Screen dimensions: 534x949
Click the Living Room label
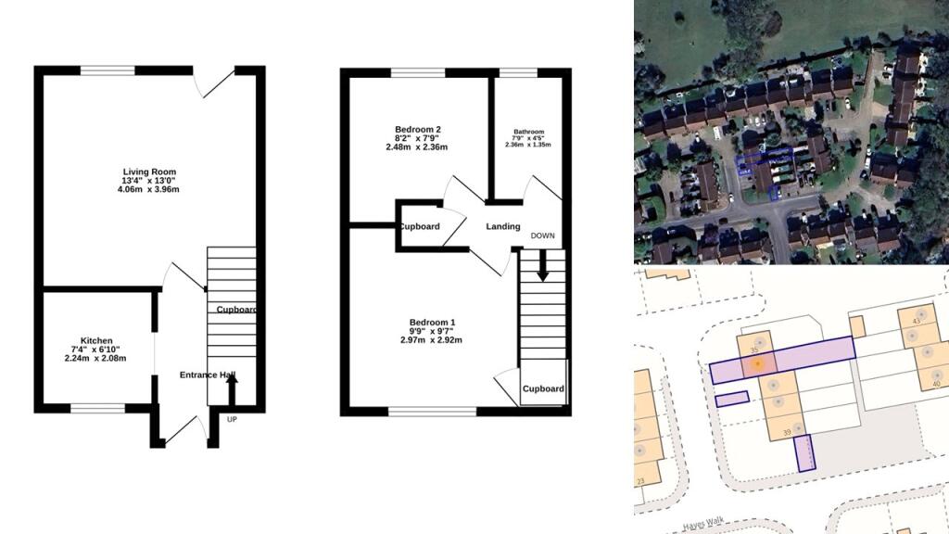point(151,172)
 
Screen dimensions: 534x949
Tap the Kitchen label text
point(96,340)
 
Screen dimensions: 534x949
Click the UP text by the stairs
point(233,419)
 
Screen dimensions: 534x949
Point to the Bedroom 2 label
point(417,129)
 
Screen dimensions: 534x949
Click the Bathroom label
point(527,132)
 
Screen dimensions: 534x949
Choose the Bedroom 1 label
point(432,323)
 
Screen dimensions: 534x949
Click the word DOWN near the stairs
point(542,235)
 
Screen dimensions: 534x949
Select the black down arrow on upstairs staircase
point(542,267)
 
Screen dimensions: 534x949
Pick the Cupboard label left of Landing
point(420,226)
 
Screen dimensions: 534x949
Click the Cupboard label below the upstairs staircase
point(542,389)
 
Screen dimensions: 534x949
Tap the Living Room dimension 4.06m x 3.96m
point(151,190)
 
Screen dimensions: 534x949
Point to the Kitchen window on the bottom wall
point(97,408)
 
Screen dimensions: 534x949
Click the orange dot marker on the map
point(758,364)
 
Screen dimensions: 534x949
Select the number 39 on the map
point(787,432)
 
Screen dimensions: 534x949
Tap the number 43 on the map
point(916,321)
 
